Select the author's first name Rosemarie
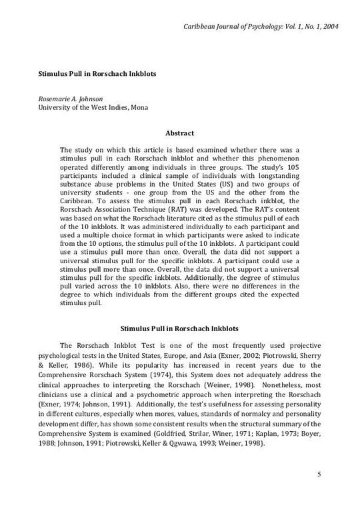[x=56, y=99]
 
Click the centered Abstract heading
[x=179, y=133]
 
